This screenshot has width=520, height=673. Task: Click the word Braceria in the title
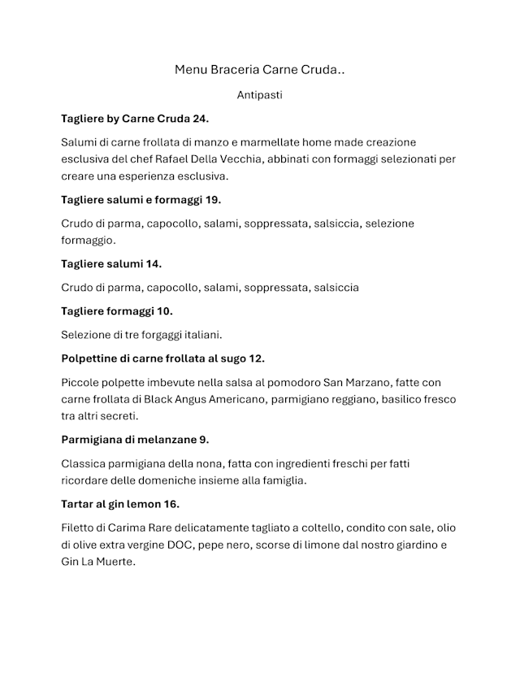coord(236,70)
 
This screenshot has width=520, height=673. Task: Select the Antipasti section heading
coord(260,95)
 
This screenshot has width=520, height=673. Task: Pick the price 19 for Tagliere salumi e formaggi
coord(213,199)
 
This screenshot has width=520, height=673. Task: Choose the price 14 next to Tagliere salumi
coord(153,263)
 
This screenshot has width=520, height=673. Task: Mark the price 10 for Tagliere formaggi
coord(164,310)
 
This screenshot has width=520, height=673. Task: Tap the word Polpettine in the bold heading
coord(89,358)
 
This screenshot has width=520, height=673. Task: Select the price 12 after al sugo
coord(256,358)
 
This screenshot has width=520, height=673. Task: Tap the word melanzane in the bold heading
coord(167,440)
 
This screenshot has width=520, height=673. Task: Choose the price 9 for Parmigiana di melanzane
coord(204,440)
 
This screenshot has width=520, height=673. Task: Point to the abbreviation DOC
coord(176,545)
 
